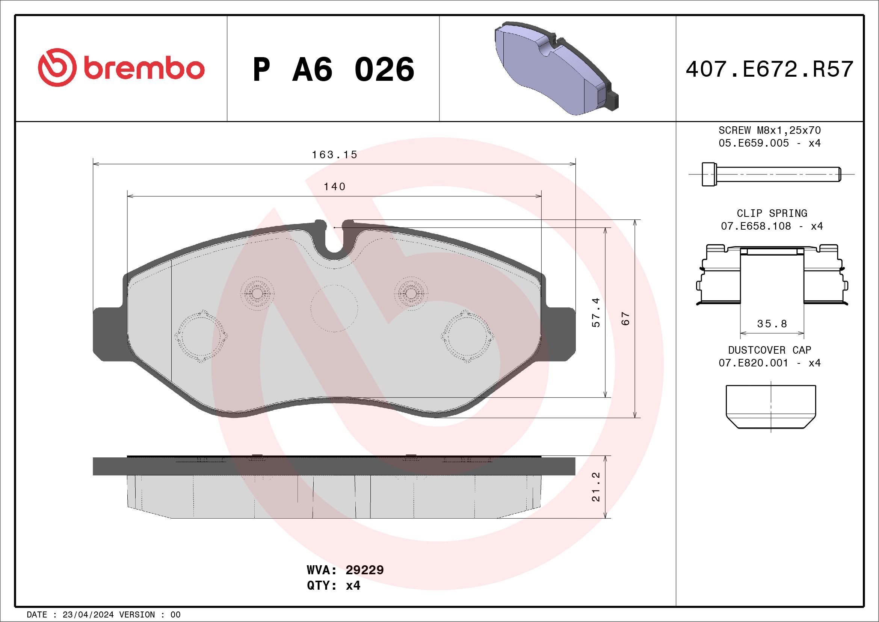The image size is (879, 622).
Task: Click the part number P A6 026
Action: click(333, 69)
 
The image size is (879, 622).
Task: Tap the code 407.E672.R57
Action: click(770, 69)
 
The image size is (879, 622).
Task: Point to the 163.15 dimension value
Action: click(334, 155)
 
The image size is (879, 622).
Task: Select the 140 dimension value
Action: click(334, 186)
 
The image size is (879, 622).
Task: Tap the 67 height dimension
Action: click(625, 318)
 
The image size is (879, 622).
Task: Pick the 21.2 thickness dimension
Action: click(596, 487)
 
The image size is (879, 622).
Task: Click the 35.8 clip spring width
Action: click(772, 324)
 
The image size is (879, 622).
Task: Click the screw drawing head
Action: click(709, 174)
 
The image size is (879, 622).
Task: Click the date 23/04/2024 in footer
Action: click(88, 615)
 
